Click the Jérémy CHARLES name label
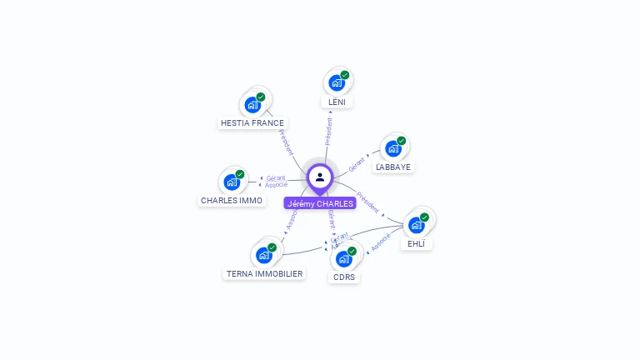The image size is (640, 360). [x=320, y=203]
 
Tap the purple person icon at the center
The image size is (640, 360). [x=320, y=177]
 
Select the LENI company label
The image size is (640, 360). [x=337, y=102]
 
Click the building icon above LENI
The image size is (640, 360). [x=336, y=82]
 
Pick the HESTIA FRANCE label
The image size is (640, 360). [x=252, y=122]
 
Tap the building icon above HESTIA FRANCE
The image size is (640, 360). [x=252, y=105]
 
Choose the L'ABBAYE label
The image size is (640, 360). [x=393, y=167]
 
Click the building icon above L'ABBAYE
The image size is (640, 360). [x=393, y=148]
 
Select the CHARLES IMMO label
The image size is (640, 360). [x=232, y=200]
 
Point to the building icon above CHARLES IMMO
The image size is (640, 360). [x=232, y=182]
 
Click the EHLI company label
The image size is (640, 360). [x=417, y=244]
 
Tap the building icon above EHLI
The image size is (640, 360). [x=417, y=224]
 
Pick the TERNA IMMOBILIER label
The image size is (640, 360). [x=265, y=273]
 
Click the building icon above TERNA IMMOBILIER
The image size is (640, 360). [x=263, y=254]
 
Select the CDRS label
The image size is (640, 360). [x=344, y=277]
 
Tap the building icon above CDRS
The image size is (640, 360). [x=344, y=258]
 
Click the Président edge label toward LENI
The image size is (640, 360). [x=329, y=132]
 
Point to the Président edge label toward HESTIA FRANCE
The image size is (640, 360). [x=285, y=142]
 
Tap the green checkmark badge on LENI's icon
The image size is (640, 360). [x=345, y=75]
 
